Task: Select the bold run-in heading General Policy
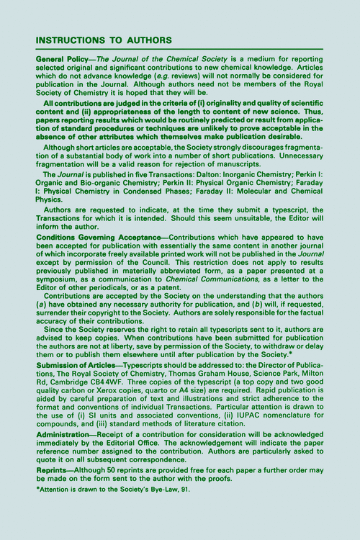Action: (63, 57)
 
